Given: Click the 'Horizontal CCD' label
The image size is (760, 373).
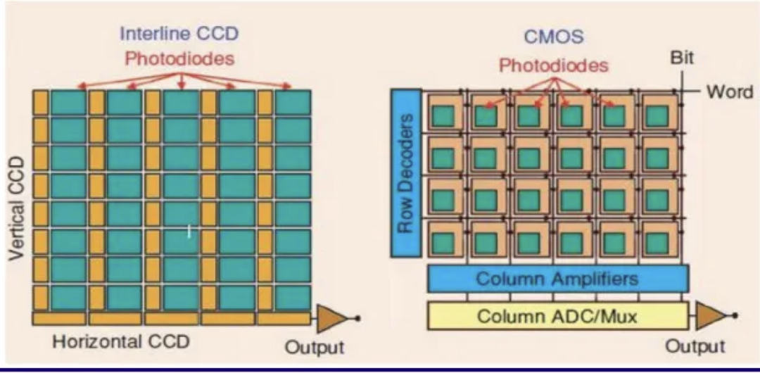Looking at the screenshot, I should click(121, 342).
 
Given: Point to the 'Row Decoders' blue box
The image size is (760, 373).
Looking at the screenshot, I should click(405, 172).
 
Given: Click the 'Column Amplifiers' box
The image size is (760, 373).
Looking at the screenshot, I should click(557, 278).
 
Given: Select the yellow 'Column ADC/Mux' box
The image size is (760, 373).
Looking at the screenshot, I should click(557, 316).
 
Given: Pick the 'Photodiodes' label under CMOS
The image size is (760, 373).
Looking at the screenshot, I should click(553, 65).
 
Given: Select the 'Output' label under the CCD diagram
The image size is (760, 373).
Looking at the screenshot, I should click(315, 347).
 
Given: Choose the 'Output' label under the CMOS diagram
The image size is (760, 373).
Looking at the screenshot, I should click(695, 346).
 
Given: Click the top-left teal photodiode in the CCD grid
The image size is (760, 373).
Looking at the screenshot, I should click(68, 102).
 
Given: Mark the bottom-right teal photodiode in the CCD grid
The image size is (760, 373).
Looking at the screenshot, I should click(293, 297).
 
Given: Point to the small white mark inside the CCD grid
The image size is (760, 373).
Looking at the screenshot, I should click(189, 230).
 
